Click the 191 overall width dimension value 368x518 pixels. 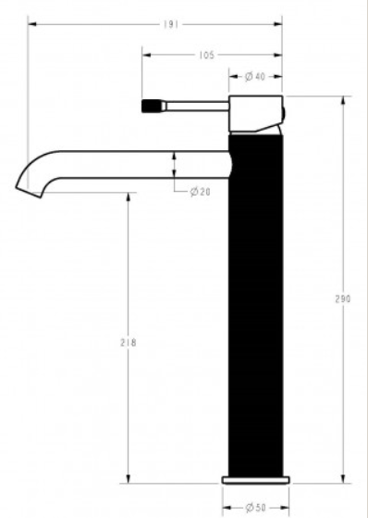[171, 24]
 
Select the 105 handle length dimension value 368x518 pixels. [207, 56]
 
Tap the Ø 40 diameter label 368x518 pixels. [255, 77]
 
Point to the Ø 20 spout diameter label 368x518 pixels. [200, 192]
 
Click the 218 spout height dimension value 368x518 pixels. [129, 343]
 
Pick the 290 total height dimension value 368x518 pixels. [343, 299]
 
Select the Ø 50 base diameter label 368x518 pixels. [256, 507]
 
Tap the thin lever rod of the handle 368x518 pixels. [197, 106]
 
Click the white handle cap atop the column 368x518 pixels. [256, 114]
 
